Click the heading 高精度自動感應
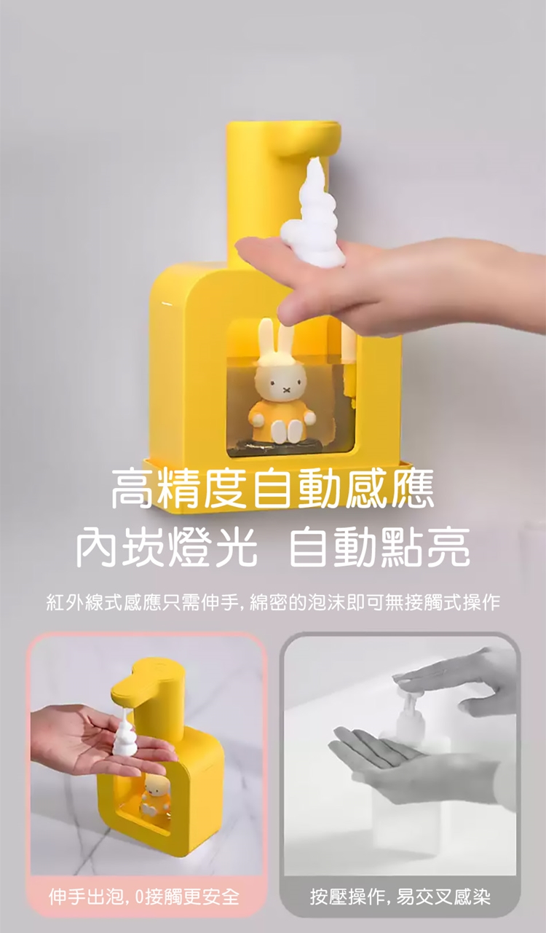pyautogui.click(x=273, y=489)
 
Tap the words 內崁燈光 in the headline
pyautogui.click(x=166, y=546)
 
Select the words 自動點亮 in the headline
pyautogui.click(x=379, y=546)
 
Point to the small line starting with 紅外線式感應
pyautogui.click(x=273, y=602)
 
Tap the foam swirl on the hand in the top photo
pyautogui.click(x=314, y=213)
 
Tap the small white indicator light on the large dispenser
pyautogui.click(x=166, y=304)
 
